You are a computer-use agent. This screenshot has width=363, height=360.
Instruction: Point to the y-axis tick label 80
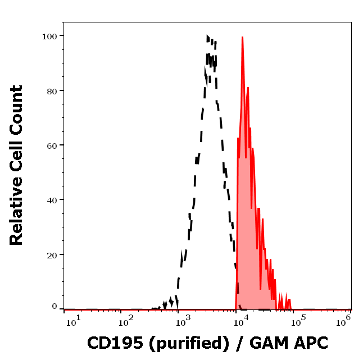(x=51, y=90)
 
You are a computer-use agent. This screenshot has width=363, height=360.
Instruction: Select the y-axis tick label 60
(x=51, y=145)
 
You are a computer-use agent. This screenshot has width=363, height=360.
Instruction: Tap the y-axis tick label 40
(x=51, y=200)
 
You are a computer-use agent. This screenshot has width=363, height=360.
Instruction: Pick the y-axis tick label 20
(x=51, y=254)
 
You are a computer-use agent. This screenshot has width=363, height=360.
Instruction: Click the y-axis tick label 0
(x=55, y=307)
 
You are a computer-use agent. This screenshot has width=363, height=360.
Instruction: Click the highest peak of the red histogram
(x=242, y=38)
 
